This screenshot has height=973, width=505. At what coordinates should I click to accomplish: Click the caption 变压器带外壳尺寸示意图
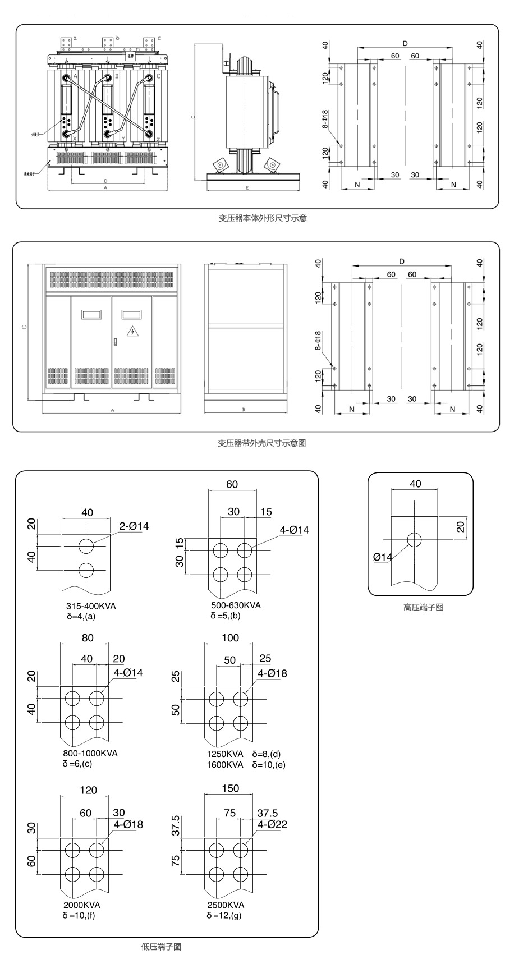click(261, 443)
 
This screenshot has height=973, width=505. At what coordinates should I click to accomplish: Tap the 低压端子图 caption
click(161, 947)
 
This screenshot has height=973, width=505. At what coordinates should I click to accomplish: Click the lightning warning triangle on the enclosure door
click(132, 331)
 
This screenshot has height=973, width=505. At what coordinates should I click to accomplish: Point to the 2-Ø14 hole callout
click(134, 526)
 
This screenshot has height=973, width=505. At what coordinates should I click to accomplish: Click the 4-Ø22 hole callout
click(272, 824)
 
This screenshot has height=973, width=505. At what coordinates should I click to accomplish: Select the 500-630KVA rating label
click(236, 605)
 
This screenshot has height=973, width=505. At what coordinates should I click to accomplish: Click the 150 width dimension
click(230, 788)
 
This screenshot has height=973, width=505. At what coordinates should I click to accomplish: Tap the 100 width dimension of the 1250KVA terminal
click(230, 638)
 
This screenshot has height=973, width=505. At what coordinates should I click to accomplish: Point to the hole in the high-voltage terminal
click(414, 540)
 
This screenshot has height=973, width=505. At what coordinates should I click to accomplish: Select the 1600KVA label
click(225, 764)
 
